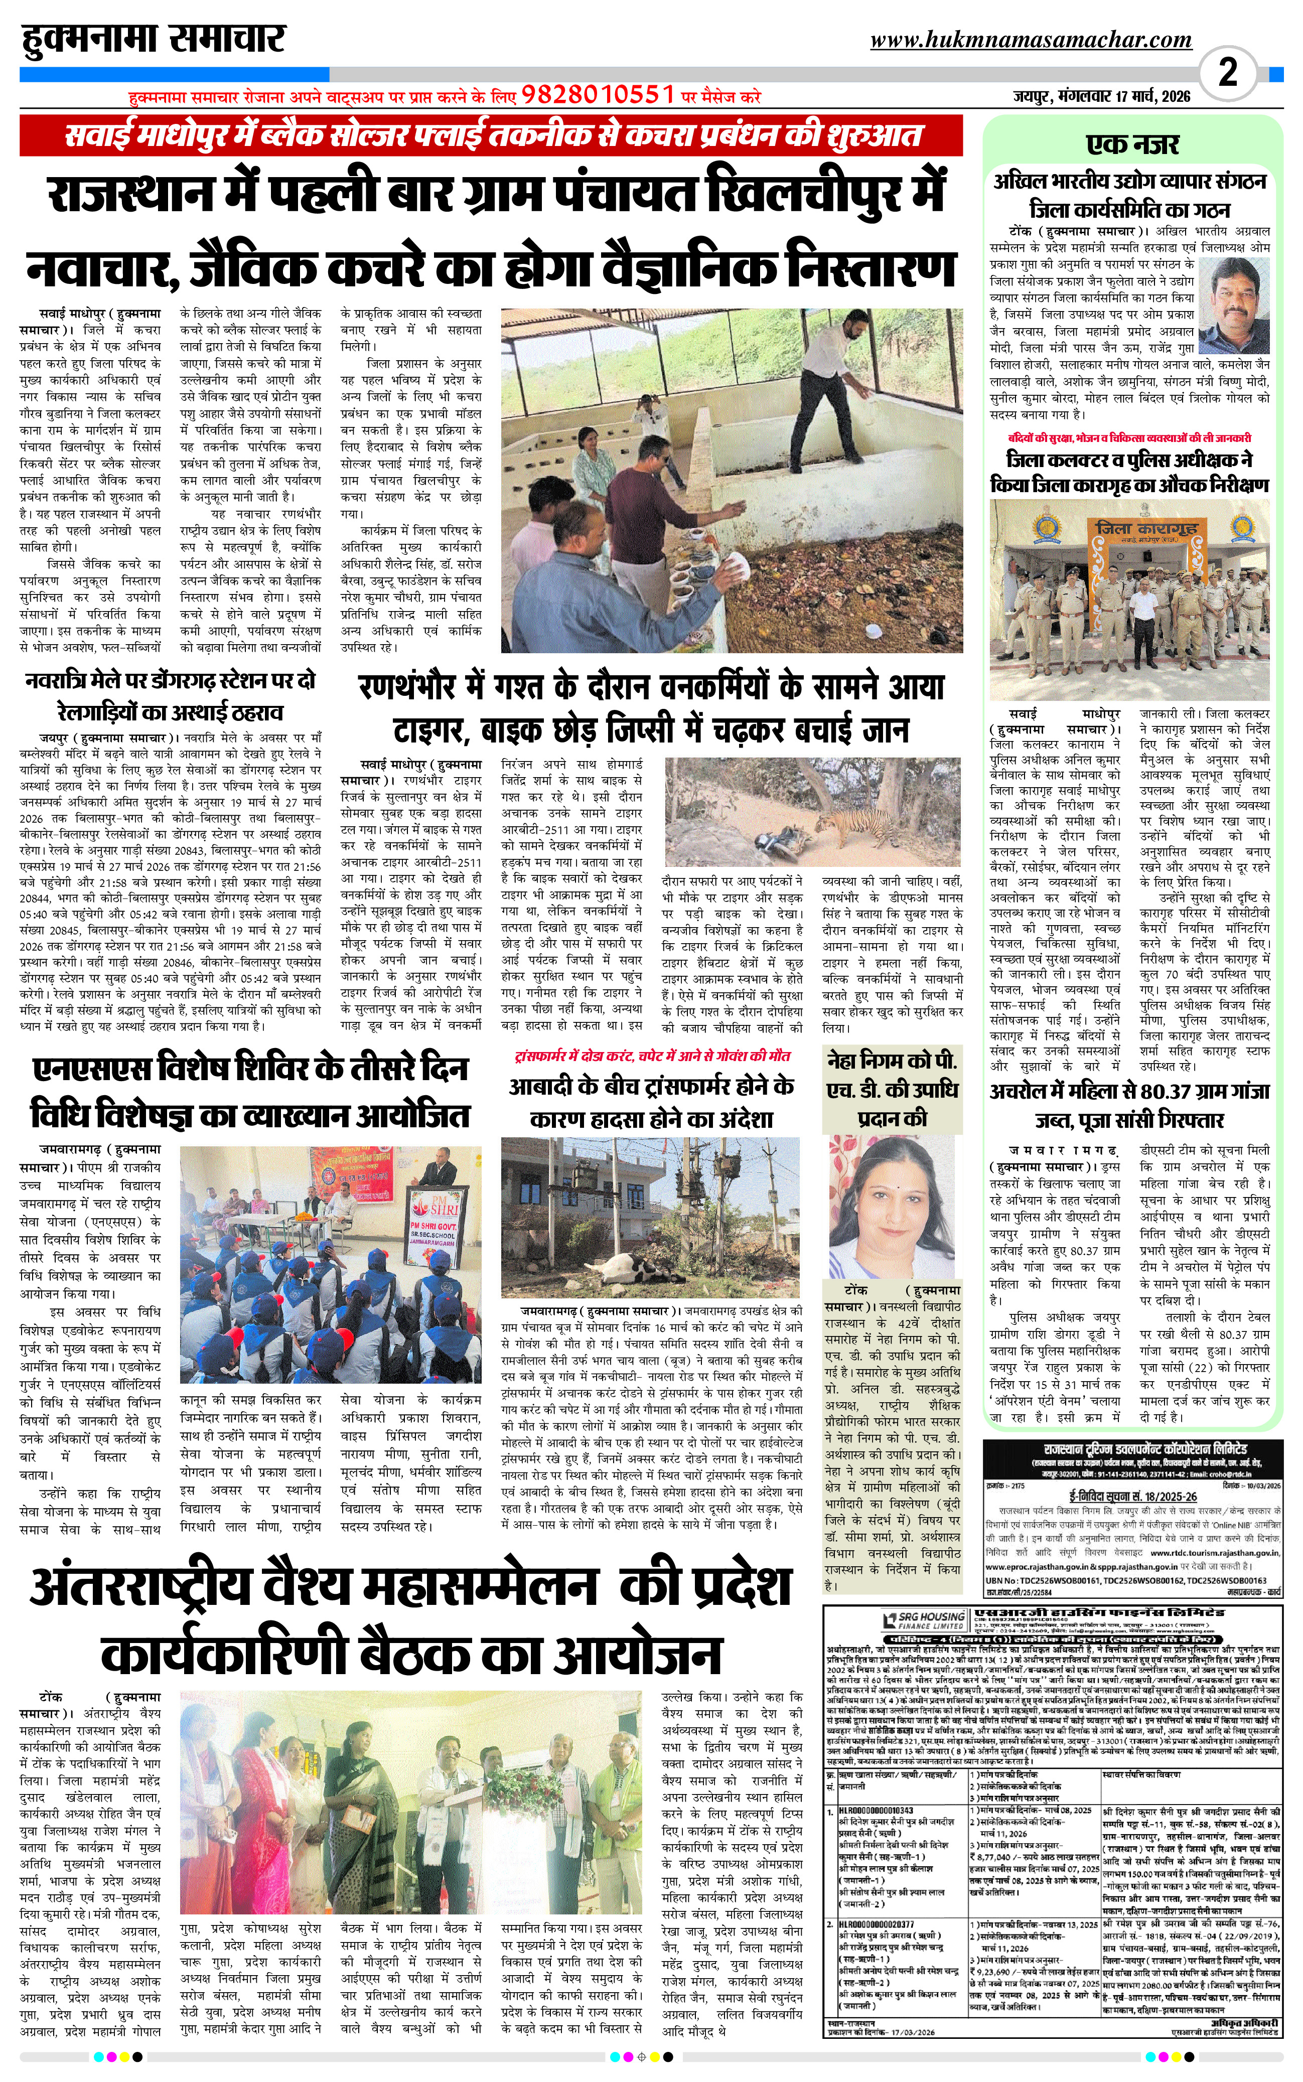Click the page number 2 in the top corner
tap(1227, 72)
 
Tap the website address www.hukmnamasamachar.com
tap(1031, 40)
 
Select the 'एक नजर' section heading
tap(1132, 143)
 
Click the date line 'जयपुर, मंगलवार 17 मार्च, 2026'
tap(1101, 96)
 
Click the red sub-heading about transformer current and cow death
tap(651, 1056)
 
